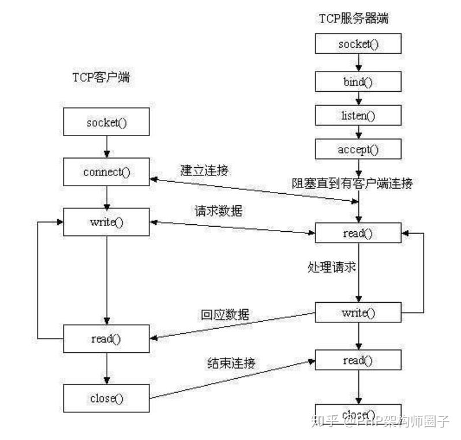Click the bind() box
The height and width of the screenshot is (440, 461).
click(x=358, y=81)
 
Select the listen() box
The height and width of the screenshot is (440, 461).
click(x=358, y=115)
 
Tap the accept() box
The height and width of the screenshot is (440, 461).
click(x=358, y=149)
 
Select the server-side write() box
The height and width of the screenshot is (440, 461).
click(x=358, y=313)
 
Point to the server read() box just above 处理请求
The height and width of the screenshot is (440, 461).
click(x=358, y=234)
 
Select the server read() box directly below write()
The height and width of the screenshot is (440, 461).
click(x=358, y=360)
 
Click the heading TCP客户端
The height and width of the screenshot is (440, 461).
click(x=101, y=77)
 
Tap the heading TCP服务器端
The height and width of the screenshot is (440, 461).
click(x=354, y=18)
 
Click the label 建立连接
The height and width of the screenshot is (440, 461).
click(x=204, y=170)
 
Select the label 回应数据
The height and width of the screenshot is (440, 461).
click(x=225, y=315)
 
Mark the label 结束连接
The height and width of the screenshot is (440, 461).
click(x=231, y=363)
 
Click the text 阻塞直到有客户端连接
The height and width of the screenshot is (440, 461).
click(x=352, y=183)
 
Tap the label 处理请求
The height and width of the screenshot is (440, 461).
click(x=332, y=268)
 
